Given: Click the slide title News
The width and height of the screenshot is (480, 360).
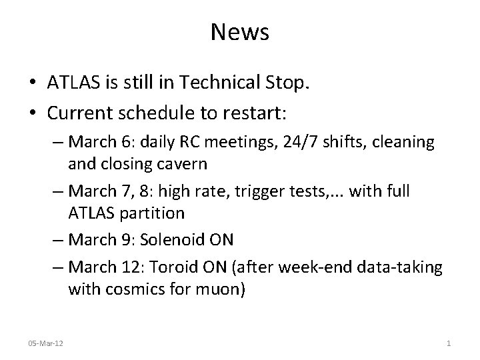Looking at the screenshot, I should click(240, 32).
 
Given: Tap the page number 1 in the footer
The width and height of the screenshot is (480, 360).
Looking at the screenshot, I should click(449, 343).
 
